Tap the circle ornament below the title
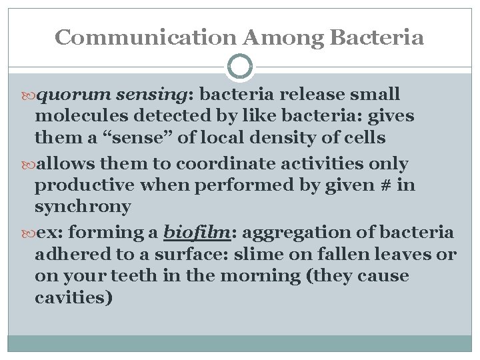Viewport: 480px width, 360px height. click(240, 67)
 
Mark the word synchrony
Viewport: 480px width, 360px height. click(83, 207)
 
